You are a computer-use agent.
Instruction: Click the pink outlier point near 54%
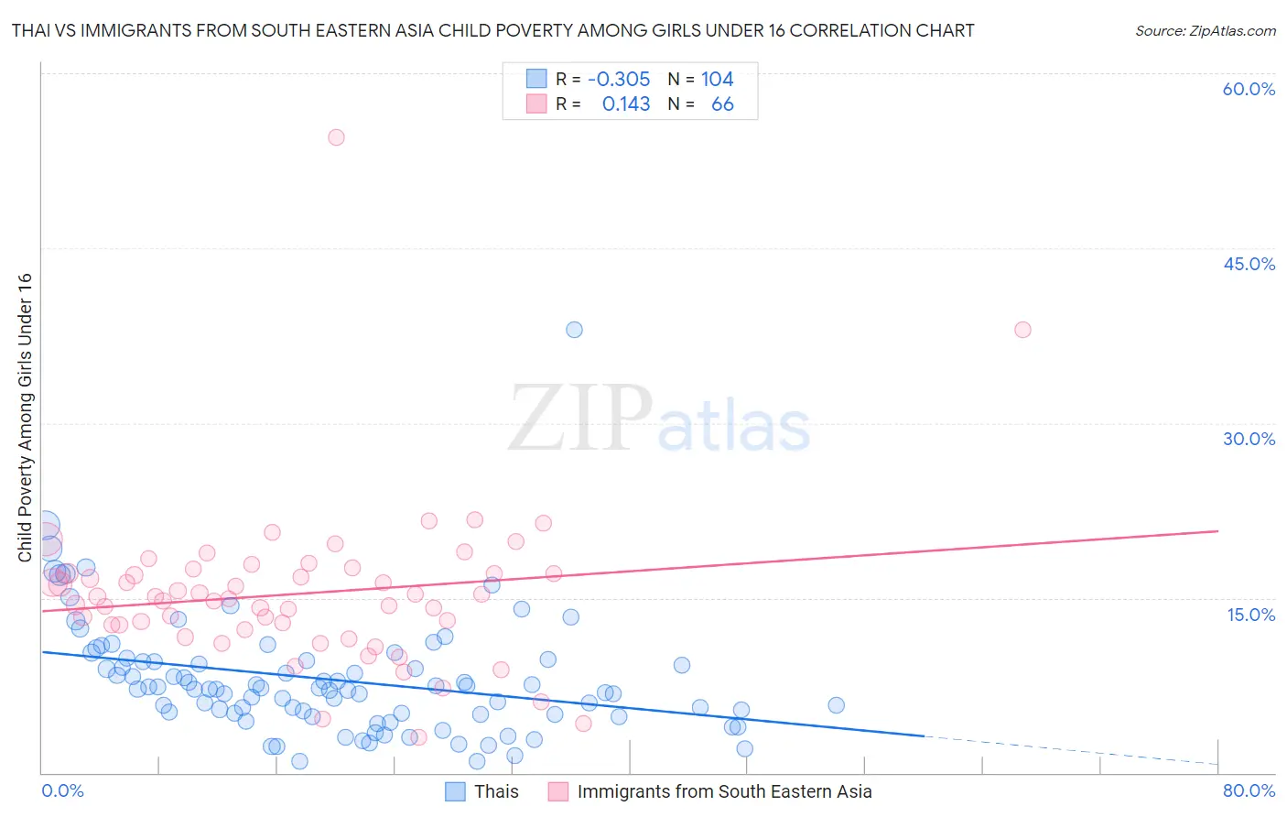pyautogui.click(x=336, y=137)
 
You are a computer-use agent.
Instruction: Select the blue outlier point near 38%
pyautogui.click(x=574, y=330)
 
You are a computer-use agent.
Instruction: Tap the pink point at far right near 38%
pyautogui.click(x=1022, y=330)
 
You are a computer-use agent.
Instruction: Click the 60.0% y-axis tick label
pyautogui.click(x=1249, y=89)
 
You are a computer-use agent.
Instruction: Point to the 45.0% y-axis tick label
pyautogui.click(x=1249, y=264)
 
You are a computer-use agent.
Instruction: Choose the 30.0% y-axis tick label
pyautogui.click(x=1249, y=439)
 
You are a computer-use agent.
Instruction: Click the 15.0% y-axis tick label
pyautogui.click(x=1250, y=615)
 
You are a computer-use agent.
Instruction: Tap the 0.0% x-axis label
pyautogui.click(x=62, y=790)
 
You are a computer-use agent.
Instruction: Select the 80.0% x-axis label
pyautogui.click(x=1249, y=790)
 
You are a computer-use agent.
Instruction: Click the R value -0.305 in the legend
pyautogui.click(x=619, y=80)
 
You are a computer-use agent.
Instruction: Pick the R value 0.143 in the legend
pyautogui.click(x=626, y=104)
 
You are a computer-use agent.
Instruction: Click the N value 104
pyautogui.click(x=718, y=80)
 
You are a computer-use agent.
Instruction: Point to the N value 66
pyautogui.click(x=722, y=104)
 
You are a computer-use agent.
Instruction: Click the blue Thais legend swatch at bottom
pyautogui.click(x=456, y=791)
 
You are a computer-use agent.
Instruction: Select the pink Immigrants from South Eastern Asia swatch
pyautogui.click(x=558, y=791)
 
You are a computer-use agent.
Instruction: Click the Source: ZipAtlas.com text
pyautogui.click(x=1205, y=30)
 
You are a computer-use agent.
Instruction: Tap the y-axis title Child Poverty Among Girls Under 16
pyautogui.click(x=25, y=418)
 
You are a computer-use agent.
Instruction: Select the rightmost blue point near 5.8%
pyautogui.click(x=836, y=705)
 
